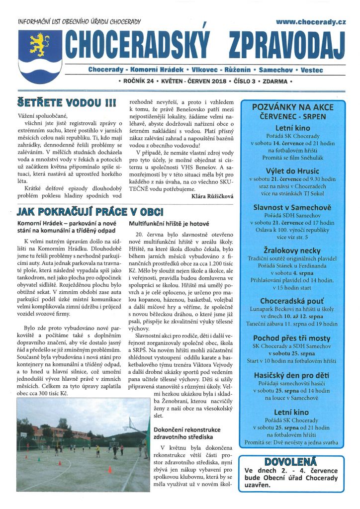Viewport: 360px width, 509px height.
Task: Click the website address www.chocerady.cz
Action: [x=310, y=22]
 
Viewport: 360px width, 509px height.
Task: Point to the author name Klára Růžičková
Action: [x=212, y=196]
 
